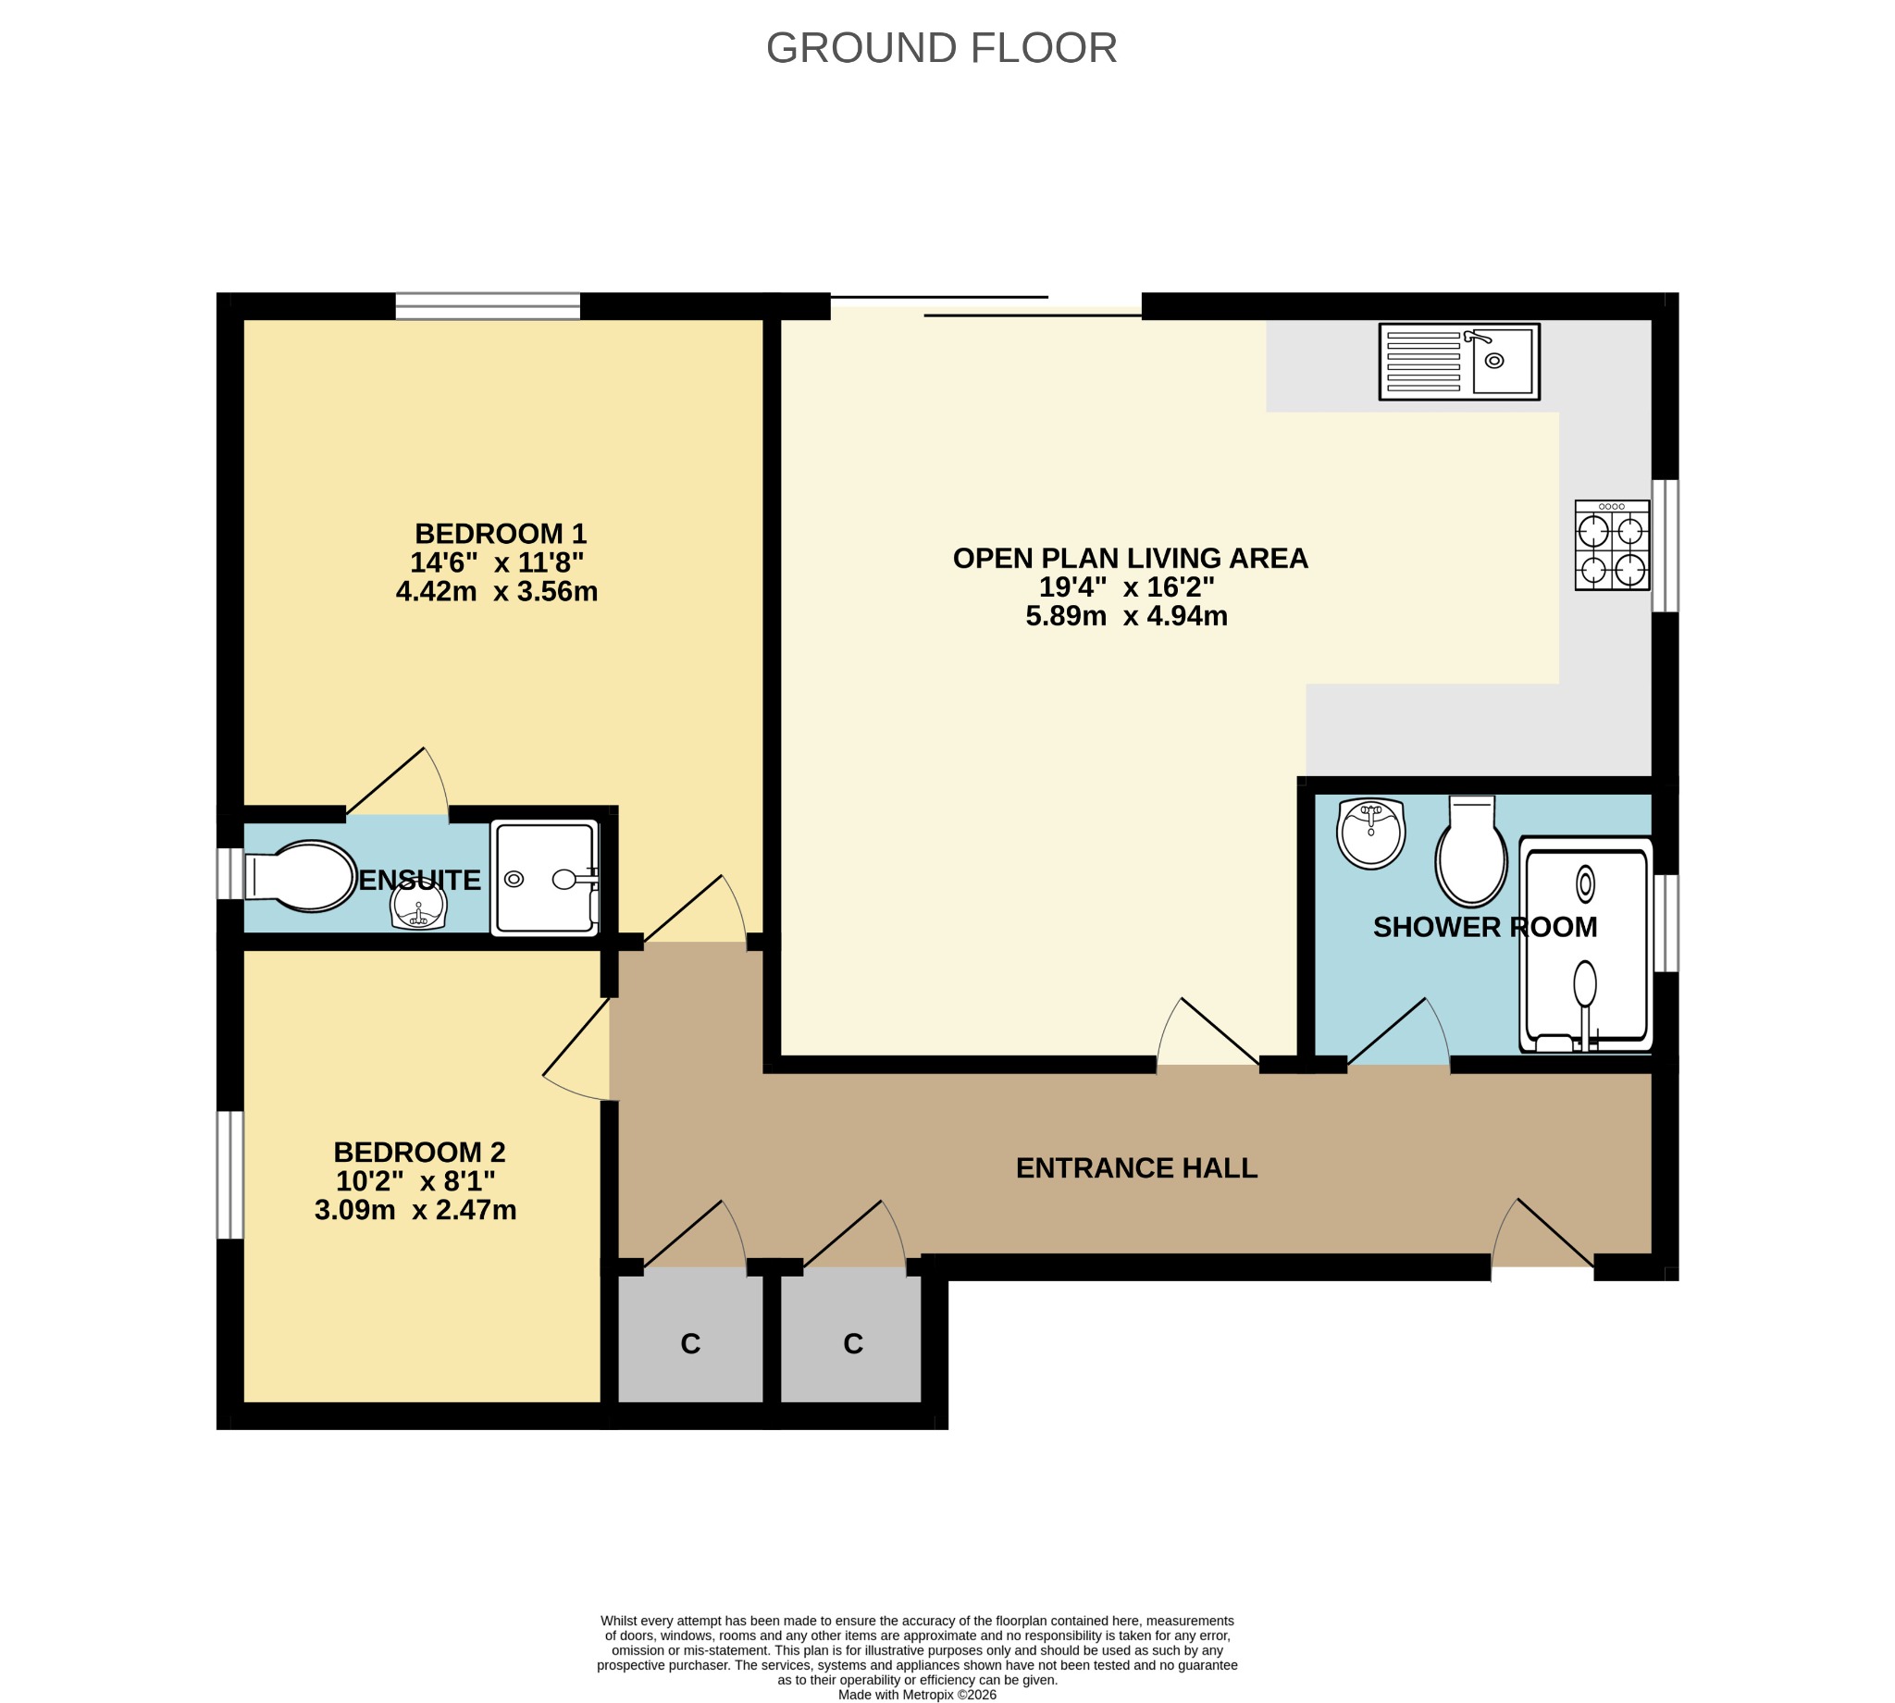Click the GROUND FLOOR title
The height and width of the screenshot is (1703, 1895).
941,48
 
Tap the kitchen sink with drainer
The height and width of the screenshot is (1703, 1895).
1459,362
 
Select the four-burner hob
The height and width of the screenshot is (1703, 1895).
1612,546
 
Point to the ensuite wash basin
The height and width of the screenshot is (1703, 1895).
418,906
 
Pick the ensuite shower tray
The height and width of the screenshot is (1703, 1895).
545,878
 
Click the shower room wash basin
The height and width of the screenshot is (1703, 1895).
1371,833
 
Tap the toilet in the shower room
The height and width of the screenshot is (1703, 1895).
1471,850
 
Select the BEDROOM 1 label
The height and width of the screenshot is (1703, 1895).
501,534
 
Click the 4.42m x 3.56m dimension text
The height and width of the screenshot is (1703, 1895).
497,591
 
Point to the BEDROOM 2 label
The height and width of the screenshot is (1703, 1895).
419,1152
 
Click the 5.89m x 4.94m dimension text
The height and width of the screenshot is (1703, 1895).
1127,616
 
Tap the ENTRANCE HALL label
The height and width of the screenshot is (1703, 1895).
1137,1167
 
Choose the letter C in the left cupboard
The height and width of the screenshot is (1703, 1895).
690,1344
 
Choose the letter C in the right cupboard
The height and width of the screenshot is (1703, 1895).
852,1344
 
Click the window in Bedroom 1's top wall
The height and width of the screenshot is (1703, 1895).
488,306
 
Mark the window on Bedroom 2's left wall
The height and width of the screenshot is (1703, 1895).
230,1174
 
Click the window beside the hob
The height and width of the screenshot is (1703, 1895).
1665,546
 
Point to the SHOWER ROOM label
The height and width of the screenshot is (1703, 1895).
1485,927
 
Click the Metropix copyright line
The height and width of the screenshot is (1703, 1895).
917,1695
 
